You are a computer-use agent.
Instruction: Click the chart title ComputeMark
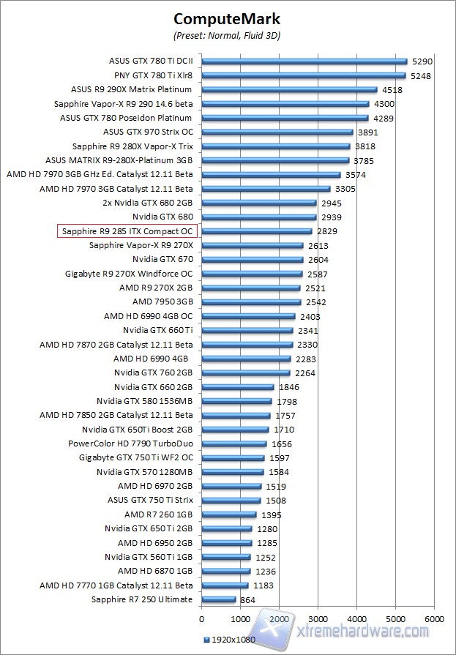pyautogui.click(x=226, y=18)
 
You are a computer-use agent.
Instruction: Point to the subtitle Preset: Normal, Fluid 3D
pyautogui.click(x=226, y=35)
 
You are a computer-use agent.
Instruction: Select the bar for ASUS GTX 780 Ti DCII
pyautogui.click(x=304, y=61)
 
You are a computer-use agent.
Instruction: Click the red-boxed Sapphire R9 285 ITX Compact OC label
pyautogui.click(x=124, y=231)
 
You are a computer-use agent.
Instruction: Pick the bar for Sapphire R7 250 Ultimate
pyautogui.click(x=218, y=599)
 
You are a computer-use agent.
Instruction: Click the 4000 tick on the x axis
pyautogui.click(x=356, y=618)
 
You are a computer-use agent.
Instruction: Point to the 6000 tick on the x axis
pyautogui.click(x=434, y=618)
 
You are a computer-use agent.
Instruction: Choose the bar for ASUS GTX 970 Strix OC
pyautogui.click(x=277, y=132)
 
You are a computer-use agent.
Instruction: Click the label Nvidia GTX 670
pyautogui.click(x=162, y=259)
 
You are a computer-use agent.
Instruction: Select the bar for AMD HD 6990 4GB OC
pyautogui.click(x=248, y=316)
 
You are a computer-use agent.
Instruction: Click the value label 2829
pyautogui.click(x=327, y=231)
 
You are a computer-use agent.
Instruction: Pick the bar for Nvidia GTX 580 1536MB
pyautogui.click(x=236, y=401)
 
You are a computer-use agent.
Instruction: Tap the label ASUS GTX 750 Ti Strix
pyautogui.click(x=150, y=500)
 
